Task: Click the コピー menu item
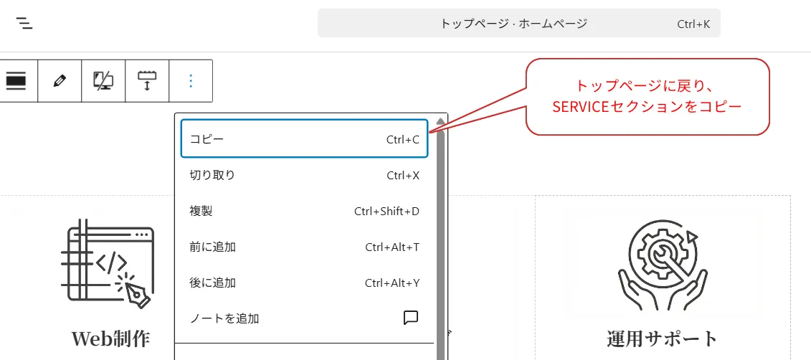[207, 139]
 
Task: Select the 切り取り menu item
[212, 175]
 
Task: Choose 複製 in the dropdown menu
[201, 211]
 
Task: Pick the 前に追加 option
[212, 247]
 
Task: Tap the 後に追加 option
[212, 283]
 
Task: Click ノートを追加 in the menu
[224, 318]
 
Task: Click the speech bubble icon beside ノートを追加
[411, 318]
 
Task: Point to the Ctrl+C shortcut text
[402, 139]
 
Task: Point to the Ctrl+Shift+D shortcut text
[386, 211]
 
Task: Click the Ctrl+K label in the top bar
[693, 24]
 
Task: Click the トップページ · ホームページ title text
[513, 24]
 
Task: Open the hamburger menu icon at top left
[25, 23]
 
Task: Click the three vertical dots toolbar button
[191, 80]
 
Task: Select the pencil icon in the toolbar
[60, 80]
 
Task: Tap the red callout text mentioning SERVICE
[648, 97]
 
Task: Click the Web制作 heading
[110, 338]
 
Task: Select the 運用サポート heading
[662, 338]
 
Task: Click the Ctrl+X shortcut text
[402, 175]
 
